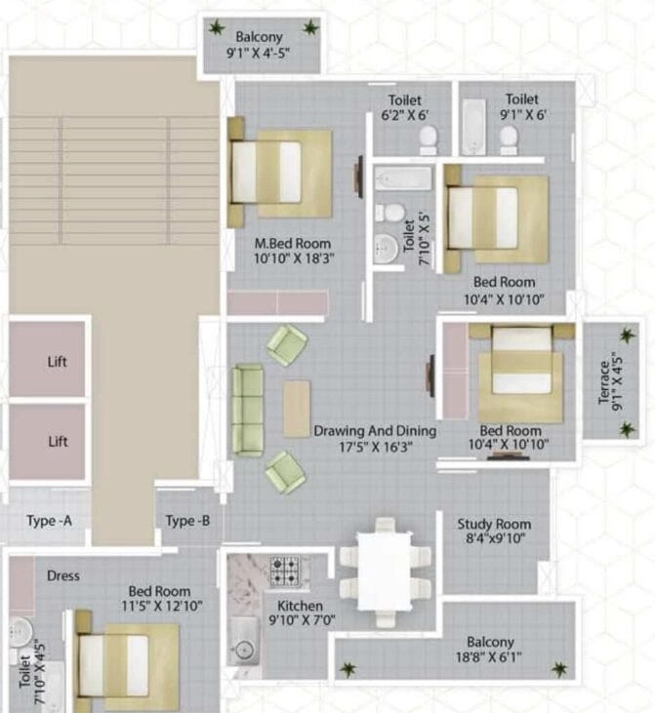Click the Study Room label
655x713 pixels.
pyautogui.click(x=494, y=524)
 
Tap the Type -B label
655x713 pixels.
pyautogui.click(x=187, y=521)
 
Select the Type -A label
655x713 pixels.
pyautogui.click(x=49, y=520)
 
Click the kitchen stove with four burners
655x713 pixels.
pyautogui.click(x=285, y=571)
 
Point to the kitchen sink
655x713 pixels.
pyautogui.click(x=244, y=642)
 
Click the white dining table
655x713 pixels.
pyautogui.click(x=385, y=572)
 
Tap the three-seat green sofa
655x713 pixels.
pyautogui.click(x=248, y=410)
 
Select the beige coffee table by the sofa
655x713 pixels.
pyautogui.click(x=297, y=409)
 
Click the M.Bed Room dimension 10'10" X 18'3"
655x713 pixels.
pyautogui.click(x=294, y=258)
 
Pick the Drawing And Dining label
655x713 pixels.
pyautogui.click(x=375, y=430)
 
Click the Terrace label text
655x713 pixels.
pyautogui.click(x=604, y=382)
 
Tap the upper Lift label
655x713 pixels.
pyautogui.click(x=58, y=362)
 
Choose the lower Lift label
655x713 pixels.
pyautogui.click(x=58, y=442)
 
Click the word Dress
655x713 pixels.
pyautogui.click(x=63, y=575)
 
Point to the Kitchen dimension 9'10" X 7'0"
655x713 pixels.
pyautogui.click(x=302, y=619)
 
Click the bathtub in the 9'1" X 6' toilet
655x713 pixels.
pyautogui.click(x=473, y=127)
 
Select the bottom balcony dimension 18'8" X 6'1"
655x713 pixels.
pyautogui.click(x=489, y=657)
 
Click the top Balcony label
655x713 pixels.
pyautogui.click(x=259, y=37)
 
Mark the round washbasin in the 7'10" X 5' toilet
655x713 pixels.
pyautogui.click(x=386, y=249)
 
